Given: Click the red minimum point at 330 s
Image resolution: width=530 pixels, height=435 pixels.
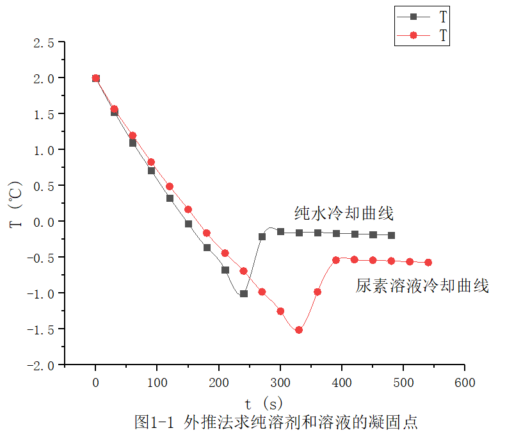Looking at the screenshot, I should pyautogui.click(x=299, y=330).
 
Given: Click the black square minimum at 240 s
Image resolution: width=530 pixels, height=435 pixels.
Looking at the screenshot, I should pyautogui.click(x=244, y=293).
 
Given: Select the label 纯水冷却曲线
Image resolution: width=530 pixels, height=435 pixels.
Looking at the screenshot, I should pyautogui.click(x=343, y=212).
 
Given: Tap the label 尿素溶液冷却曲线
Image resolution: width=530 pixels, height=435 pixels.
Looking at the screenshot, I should pyautogui.click(x=422, y=286).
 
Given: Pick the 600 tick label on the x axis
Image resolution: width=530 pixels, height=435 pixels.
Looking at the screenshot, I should pyautogui.click(x=465, y=382).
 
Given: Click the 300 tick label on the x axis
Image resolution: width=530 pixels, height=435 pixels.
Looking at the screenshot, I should pyautogui.click(x=280, y=382).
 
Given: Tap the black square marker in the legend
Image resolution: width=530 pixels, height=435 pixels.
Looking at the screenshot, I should pyautogui.click(x=413, y=17).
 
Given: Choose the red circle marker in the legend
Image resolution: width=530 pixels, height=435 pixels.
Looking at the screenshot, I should pyautogui.click(x=413, y=35).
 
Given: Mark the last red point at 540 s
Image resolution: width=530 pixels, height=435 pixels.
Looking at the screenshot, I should pyautogui.click(x=428, y=263).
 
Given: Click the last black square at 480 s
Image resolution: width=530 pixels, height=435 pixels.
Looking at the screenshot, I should pyautogui.click(x=391, y=235).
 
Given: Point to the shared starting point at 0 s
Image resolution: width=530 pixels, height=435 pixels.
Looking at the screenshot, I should pyautogui.click(x=96, y=78).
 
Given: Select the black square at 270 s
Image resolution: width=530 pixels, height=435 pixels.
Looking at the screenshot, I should pyautogui.click(x=262, y=236).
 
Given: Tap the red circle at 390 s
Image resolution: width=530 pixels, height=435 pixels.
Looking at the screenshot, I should pyautogui.click(x=336, y=259).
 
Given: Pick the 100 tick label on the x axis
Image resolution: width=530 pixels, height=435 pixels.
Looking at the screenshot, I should pyautogui.click(x=157, y=382).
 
